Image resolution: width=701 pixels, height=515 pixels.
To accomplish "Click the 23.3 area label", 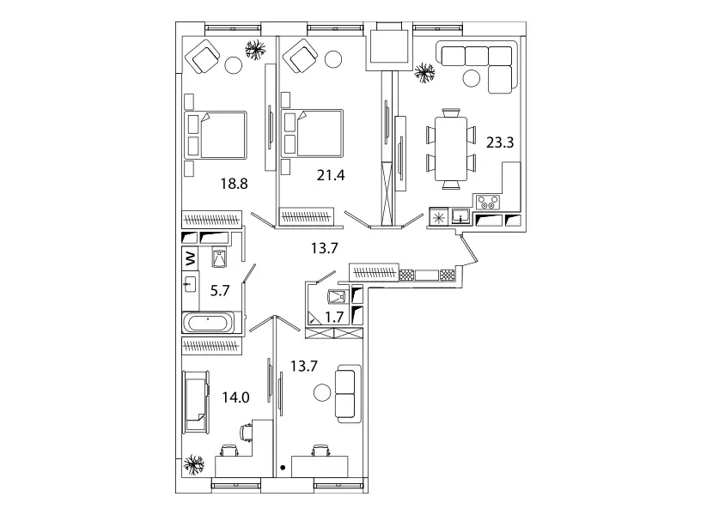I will (499, 142).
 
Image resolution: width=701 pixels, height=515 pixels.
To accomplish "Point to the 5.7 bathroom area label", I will (220, 290).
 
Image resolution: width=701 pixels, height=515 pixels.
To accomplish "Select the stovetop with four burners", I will (488, 203).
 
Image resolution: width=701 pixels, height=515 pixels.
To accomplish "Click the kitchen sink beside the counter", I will (461, 215).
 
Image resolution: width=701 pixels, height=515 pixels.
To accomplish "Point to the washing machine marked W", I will (189, 257).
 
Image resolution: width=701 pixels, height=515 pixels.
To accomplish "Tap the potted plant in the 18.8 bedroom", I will (254, 50).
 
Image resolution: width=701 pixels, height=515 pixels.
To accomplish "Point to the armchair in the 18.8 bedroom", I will (205, 58).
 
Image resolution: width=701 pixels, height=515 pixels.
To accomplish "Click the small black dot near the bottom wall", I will (283, 469).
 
